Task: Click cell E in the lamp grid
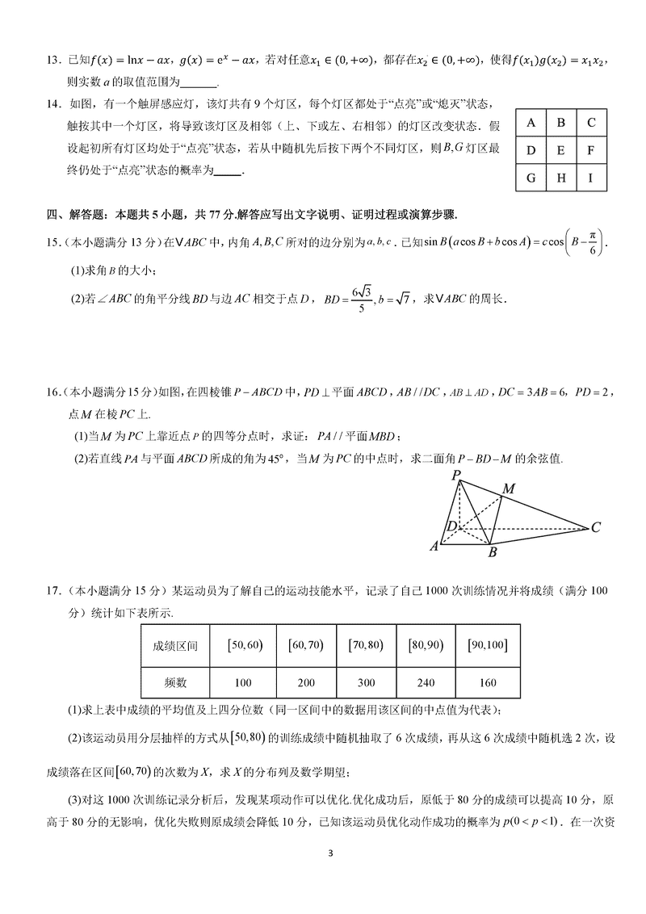(560, 150)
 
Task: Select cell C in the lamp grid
(591, 123)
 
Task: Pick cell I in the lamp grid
(591, 178)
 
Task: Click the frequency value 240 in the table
(426, 682)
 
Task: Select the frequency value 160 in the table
(487, 682)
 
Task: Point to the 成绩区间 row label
(175, 645)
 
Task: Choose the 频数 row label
(175, 682)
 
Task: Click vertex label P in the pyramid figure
(456, 475)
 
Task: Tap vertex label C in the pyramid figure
(596, 528)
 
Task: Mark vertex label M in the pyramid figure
(509, 488)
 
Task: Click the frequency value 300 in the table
(366, 682)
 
